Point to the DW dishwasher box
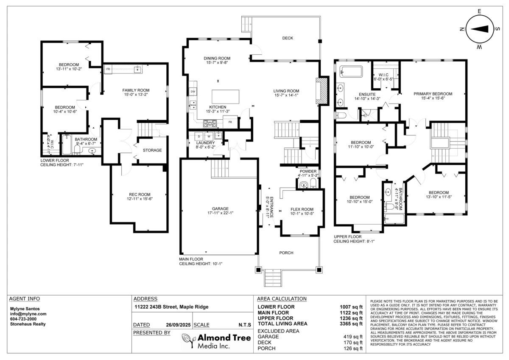(x=193, y=92)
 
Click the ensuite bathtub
(x=352, y=72)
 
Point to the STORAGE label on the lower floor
(x=152, y=150)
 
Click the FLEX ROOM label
(x=302, y=209)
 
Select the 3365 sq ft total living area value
(x=352, y=323)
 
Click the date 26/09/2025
(x=178, y=325)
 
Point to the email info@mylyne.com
(x=28, y=314)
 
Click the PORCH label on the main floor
(x=286, y=253)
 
